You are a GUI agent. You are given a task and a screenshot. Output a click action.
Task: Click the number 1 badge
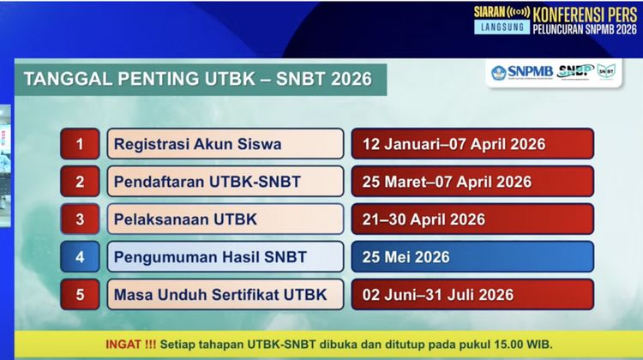80,144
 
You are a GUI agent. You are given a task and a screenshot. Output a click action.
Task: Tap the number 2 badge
80,182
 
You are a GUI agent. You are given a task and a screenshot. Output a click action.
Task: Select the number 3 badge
80,219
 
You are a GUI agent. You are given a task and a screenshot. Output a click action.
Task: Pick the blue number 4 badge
80,257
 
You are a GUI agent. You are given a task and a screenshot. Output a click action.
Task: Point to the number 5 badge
80,295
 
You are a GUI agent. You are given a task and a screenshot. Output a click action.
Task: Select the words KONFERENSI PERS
586,14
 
